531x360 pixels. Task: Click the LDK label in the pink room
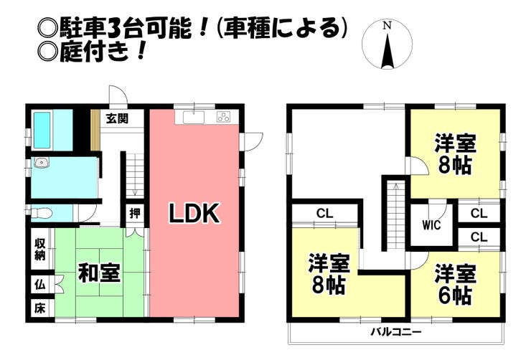tap(194, 214)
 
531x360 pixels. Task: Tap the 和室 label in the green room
tap(99, 273)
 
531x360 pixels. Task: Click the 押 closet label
tap(134, 213)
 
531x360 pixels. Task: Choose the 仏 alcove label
tap(39, 285)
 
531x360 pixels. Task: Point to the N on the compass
tap(387, 26)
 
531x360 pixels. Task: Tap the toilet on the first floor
tap(42, 212)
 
